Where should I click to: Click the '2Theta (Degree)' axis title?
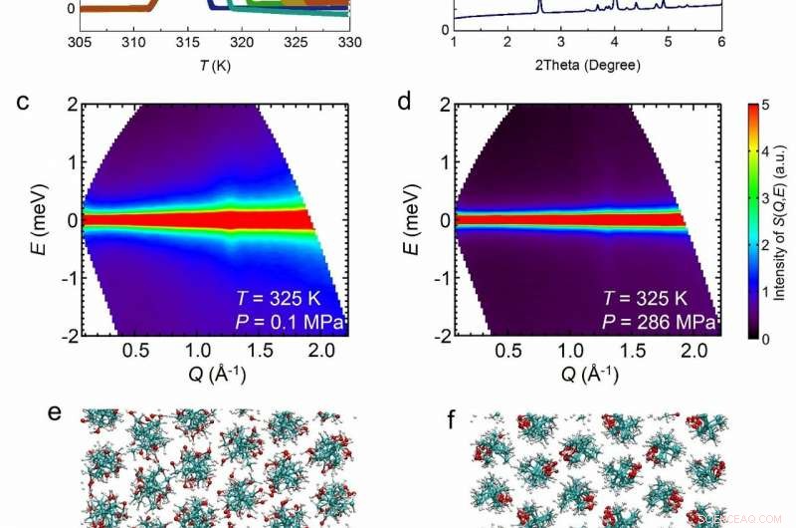pyautogui.click(x=586, y=66)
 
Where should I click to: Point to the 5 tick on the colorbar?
pyautogui.click(x=759, y=102)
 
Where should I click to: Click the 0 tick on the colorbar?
pyautogui.click(x=759, y=338)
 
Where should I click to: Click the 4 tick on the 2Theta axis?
pyautogui.click(x=614, y=43)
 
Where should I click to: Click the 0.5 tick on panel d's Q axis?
pyautogui.click(x=509, y=352)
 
